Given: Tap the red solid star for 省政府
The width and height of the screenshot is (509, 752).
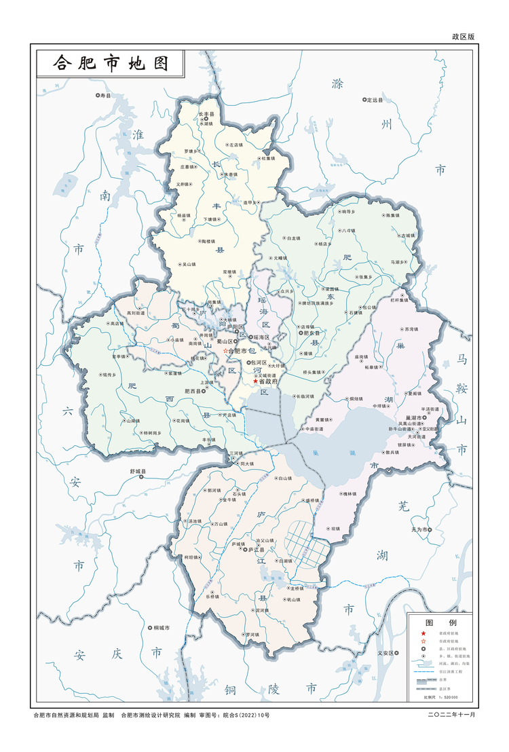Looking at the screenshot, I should tap(255, 381).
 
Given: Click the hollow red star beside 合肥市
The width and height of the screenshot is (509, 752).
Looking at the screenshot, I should tap(226, 351).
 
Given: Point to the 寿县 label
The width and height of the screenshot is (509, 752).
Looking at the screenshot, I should tap(105, 96).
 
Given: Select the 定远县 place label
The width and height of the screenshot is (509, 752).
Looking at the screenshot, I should tap(375, 100).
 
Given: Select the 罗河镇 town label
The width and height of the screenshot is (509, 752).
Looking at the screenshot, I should tap(252, 634).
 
